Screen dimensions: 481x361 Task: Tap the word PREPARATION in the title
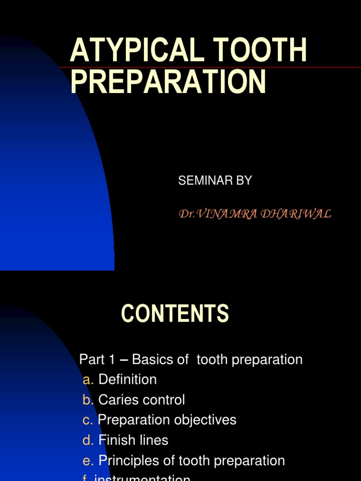[x=168, y=82]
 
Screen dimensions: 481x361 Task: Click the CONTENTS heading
[x=175, y=314]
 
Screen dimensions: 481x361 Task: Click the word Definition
[x=127, y=380]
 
